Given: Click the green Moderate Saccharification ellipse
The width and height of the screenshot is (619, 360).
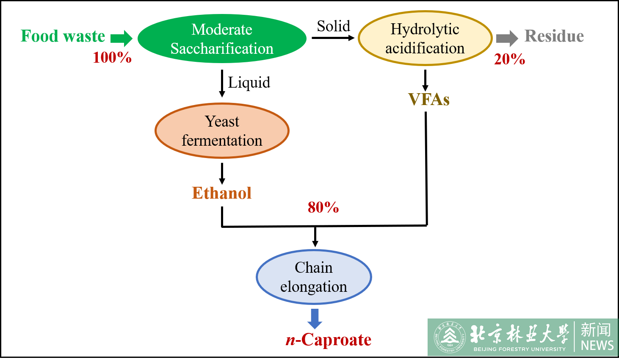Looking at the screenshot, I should (x=222, y=39).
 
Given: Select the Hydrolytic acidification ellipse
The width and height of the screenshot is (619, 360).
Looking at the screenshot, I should (x=425, y=39).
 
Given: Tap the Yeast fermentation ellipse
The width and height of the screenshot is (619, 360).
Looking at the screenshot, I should (x=222, y=131).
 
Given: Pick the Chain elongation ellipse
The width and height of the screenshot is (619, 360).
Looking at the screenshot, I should (x=314, y=277).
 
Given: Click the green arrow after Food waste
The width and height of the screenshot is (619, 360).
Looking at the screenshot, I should (x=122, y=39).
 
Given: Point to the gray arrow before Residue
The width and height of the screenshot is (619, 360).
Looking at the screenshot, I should (x=507, y=39).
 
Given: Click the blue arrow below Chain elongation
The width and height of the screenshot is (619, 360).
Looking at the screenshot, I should (x=315, y=318).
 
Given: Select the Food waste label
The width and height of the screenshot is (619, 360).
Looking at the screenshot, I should (x=63, y=36).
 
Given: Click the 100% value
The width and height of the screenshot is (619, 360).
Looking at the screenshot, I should (x=112, y=58).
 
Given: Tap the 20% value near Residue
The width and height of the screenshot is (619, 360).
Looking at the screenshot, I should (x=509, y=59).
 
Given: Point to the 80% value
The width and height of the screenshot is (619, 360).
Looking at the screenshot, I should (x=323, y=207).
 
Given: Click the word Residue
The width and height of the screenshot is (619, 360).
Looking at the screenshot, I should (x=554, y=36).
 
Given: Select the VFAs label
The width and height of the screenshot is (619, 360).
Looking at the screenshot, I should (x=428, y=100).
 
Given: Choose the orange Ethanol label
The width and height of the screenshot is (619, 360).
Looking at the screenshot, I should (x=222, y=193).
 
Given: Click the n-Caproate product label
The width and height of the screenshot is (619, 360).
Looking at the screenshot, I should (x=329, y=340).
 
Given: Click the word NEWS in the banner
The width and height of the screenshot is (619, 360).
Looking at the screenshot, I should (x=597, y=346).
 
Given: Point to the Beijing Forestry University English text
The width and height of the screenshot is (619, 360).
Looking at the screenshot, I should (x=520, y=349).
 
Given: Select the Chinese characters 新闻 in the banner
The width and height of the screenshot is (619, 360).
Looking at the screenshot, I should (x=596, y=330).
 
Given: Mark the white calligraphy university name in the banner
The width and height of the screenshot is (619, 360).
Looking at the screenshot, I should (x=520, y=334).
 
